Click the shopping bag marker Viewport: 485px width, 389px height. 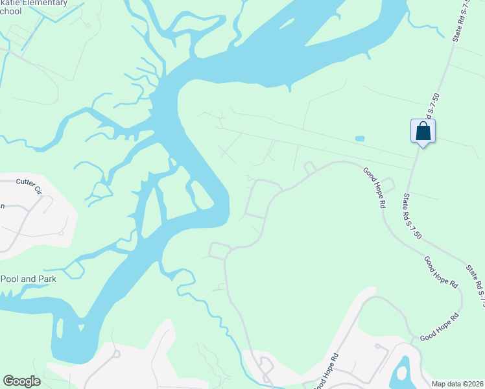coord(423,131)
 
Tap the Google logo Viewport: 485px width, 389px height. coord(21,381)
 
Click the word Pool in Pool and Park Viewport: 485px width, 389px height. coord(11,279)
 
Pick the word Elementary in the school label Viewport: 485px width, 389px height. coord(45,3)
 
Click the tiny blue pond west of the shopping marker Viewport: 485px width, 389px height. coord(359,138)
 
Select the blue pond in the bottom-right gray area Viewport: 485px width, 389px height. coord(403,371)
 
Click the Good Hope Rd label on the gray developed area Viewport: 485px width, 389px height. coord(327,371)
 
